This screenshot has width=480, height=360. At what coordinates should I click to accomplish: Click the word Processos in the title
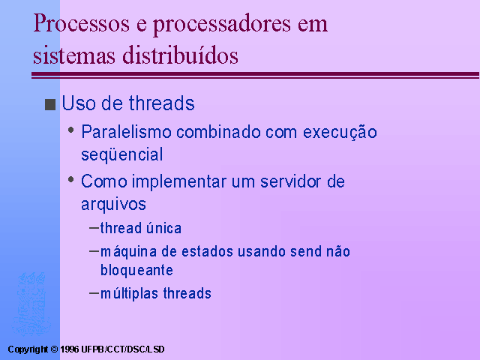82,23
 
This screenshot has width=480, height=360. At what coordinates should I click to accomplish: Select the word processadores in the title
222,25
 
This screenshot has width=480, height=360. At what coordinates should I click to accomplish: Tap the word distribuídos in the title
180,55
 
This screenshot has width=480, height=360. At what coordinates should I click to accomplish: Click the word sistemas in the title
74,55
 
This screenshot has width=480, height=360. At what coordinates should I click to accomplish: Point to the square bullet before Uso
50,104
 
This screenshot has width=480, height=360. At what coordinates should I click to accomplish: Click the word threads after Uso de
162,103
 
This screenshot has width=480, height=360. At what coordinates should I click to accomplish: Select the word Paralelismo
126,132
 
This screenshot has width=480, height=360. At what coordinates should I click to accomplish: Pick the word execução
340,133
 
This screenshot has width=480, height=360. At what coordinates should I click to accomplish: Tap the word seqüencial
121,154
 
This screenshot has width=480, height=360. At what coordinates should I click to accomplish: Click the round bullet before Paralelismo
71,130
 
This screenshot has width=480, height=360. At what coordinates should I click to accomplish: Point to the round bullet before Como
71,179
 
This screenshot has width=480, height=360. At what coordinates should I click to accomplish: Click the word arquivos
113,204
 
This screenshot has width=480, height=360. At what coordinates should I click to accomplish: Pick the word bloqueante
136,270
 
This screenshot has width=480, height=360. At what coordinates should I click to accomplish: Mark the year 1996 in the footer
70,349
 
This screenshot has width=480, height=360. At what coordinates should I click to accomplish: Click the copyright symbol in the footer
54,349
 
